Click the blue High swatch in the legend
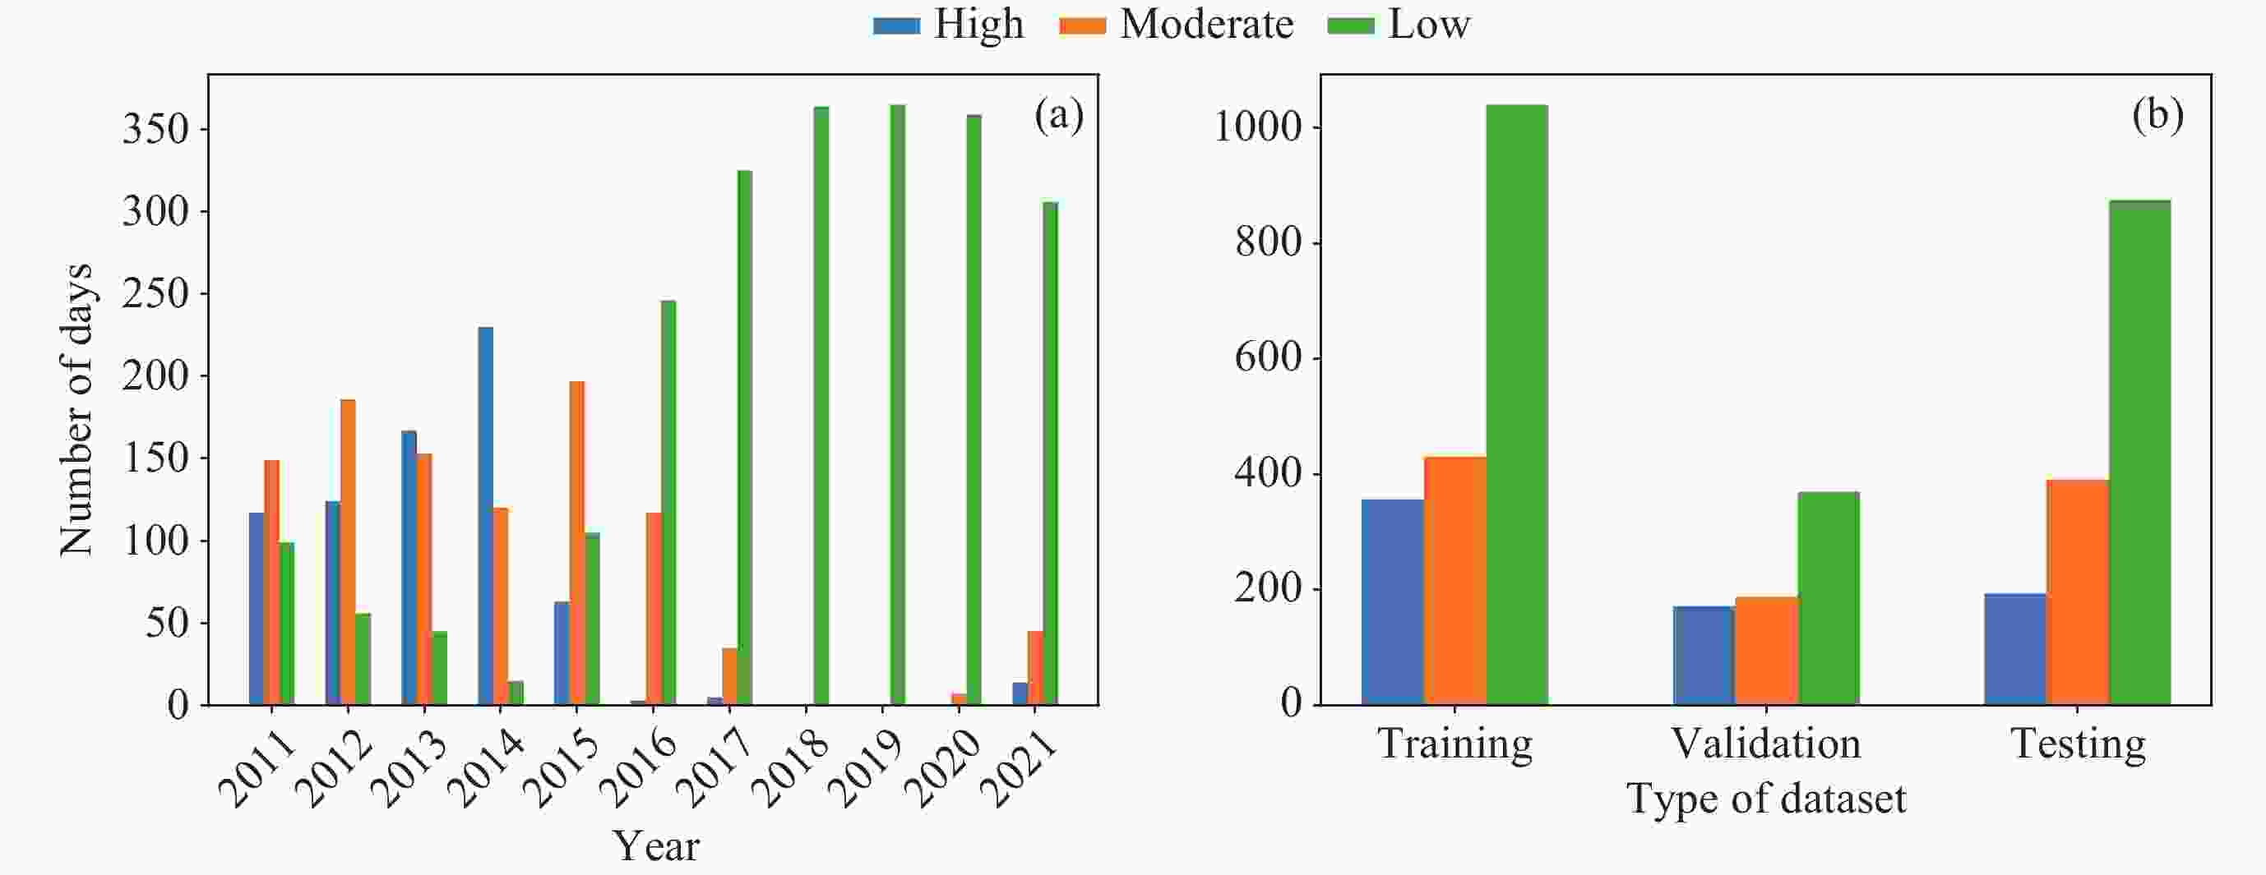point(896,25)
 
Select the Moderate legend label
point(1206,24)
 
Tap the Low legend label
point(1428,24)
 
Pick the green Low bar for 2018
point(821,405)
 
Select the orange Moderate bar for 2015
point(577,542)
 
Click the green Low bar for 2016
point(668,502)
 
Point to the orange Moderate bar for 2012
point(349,551)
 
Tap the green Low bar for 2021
point(1050,453)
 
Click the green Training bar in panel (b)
point(1516,404)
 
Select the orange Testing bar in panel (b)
point(2078,592)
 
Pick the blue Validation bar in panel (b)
point(1704,655)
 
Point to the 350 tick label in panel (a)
point(156,130)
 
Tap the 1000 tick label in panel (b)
point(1257,127)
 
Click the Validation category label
point(1765,744)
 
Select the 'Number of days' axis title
point(76,409)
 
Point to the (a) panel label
point(1058,114)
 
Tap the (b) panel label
point(2157,114)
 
